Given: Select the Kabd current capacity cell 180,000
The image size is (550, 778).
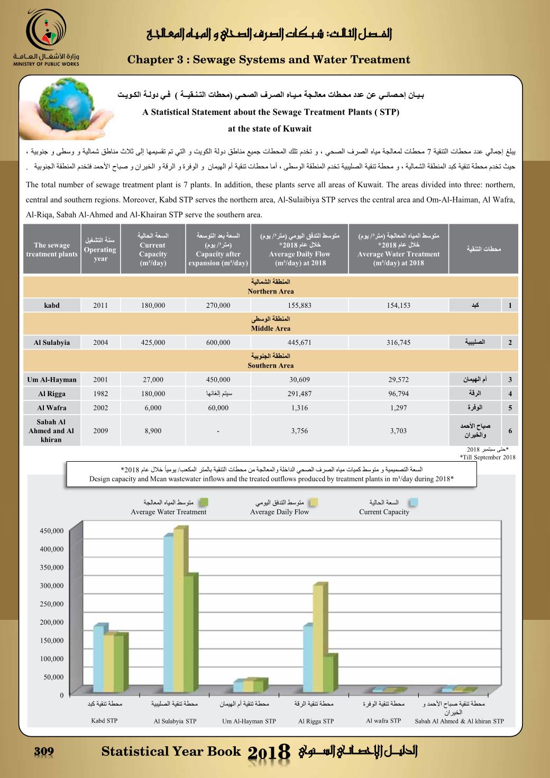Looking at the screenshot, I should tap(153, 305).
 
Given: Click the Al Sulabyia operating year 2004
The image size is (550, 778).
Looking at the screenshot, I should tap(100, 342).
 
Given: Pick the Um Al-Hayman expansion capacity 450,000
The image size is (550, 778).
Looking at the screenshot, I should tap(218, 379).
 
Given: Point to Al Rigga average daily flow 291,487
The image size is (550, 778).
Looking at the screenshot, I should tap(299, 393).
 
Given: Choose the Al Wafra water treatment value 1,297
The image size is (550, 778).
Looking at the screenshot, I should tap(398, 408).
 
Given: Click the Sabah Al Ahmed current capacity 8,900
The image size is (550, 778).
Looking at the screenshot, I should tap(153, 431).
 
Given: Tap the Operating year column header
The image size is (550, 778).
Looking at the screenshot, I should tap(100, 249).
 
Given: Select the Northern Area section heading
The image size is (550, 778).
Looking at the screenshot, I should tap(270, 287).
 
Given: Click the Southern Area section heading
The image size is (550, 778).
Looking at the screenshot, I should tap(270, 361).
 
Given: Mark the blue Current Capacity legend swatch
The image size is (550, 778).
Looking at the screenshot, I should tap(414, 502).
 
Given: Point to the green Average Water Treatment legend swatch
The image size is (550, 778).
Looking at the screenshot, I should tap(204, 502).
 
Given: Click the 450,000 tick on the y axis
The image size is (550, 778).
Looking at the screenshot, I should tap(52, 531).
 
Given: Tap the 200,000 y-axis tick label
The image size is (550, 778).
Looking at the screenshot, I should tap(52, 623).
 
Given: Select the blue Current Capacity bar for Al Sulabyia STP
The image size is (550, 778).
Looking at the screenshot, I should tap(168, 614).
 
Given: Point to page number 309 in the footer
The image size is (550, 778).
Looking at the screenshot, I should tap(44, 752).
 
